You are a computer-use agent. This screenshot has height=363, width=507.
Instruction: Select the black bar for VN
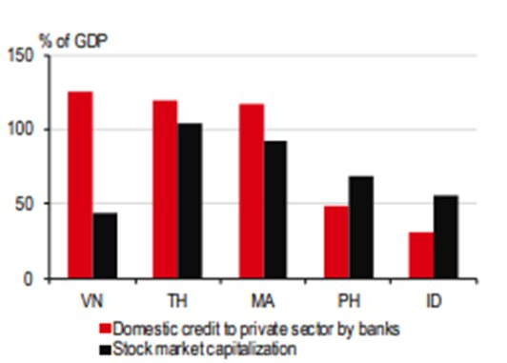pyautogui.click(x=105, y=246)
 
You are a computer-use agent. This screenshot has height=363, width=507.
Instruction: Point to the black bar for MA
pyautogui.click(x=274, y=210)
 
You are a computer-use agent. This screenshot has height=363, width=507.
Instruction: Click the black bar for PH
pyautogui.click(x=360, y=227)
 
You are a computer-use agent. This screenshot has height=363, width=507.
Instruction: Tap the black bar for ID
pyautogui.click(x=445, y=237)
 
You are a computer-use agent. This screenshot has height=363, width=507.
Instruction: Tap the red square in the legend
pyautogui.click(x=106, y=327)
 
